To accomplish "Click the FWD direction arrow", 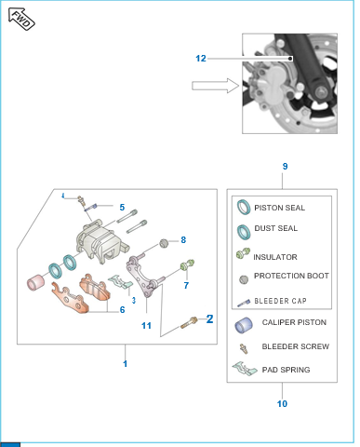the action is [21, 20].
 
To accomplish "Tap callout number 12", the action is [201, 59].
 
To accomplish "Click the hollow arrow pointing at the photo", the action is [216, 86].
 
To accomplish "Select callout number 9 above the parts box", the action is [285, 167].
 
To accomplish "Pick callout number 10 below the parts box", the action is [282, 403].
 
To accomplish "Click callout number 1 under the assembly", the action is [125, 363].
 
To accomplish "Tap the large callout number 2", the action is [209, 318].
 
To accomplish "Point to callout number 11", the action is [146, 326].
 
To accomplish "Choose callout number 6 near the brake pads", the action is [122, 309].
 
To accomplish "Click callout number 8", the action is [183, 240].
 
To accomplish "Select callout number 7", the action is [186, 285].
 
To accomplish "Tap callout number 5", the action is [122, 207].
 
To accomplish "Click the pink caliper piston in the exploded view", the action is [35, 283].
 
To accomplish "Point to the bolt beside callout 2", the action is [189, 322].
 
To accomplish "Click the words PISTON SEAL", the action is [279, 208].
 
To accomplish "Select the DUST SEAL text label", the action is [275, 228].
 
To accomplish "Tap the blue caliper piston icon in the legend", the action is [244, 325].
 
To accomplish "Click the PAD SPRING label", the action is [286, 370].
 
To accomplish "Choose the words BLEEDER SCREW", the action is [296, 346].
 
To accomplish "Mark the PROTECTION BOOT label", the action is [291, 276].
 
